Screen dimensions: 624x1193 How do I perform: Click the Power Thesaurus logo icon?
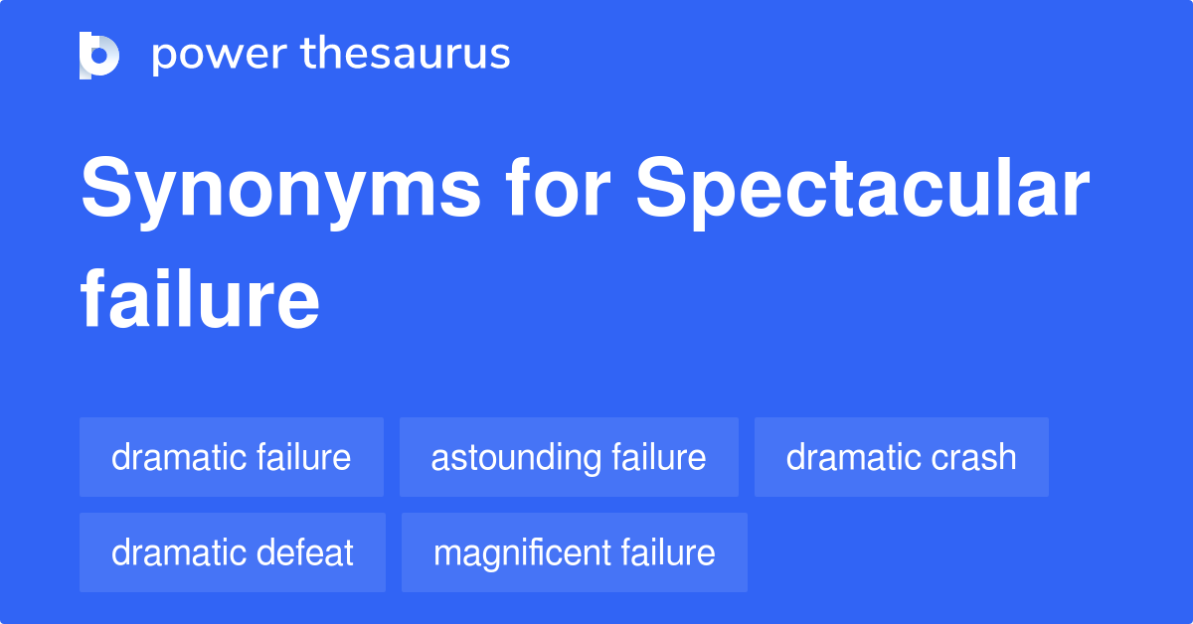pyautogui.click(x=99, y=55)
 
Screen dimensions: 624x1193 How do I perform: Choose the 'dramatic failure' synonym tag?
pyautogui.click(x=231, y=457)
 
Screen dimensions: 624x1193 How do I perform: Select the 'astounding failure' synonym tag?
pyautogui.click(x=569, y=457)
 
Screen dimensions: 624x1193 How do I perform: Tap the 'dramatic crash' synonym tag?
pyautogui.click(x=901, y=457)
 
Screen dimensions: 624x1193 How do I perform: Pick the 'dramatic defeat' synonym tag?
pyautogui.click(x=232, y=552)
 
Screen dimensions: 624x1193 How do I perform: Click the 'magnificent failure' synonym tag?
pyautogui.click(x=574, y=552)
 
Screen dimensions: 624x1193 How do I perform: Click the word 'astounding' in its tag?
pyautogui.click(x=515, y=457)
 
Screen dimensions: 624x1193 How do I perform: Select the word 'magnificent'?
pyautogui.click(x=521, y=552)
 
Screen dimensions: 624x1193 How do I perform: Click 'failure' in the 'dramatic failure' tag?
pyautogui.click(x=303, y=457)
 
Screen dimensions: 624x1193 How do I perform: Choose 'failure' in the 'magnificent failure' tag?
pyautogui.click(x=668, y=552)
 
